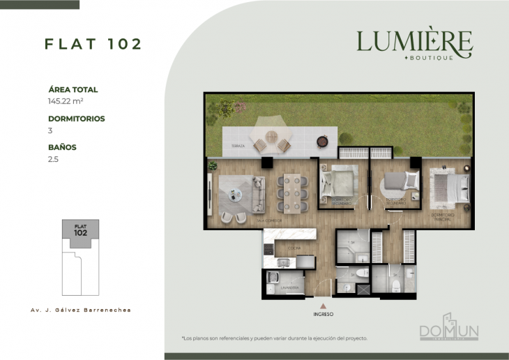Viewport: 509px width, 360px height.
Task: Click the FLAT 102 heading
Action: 93,44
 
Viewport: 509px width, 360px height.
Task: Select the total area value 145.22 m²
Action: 66,100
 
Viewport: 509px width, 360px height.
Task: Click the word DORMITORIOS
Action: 77,119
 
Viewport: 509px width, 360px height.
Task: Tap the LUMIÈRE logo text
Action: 414,42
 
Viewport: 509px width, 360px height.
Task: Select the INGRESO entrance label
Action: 323,315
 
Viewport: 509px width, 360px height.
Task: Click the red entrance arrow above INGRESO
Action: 323,305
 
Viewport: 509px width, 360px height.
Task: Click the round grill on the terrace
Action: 322,142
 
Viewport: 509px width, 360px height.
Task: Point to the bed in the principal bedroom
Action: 448,187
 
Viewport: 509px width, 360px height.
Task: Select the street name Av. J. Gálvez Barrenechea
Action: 81,309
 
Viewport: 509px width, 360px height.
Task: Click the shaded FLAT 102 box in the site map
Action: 81,230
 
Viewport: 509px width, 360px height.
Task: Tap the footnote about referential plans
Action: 274,338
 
